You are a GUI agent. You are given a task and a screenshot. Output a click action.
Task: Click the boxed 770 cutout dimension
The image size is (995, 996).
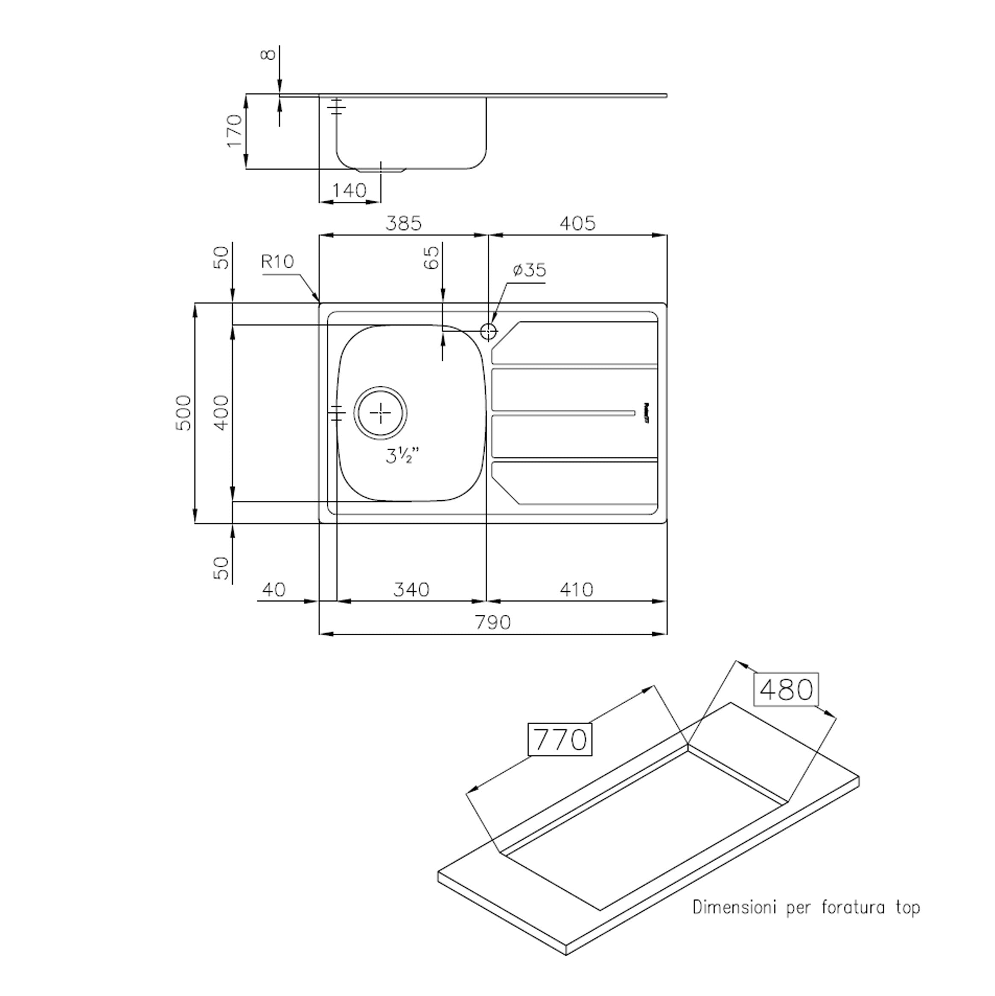coord(560,740)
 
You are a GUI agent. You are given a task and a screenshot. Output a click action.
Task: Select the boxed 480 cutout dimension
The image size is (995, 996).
coord(786,689)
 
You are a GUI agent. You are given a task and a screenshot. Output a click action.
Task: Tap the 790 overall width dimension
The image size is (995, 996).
coord(493,622)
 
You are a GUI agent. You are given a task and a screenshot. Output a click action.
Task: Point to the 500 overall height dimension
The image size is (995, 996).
coord(184,413)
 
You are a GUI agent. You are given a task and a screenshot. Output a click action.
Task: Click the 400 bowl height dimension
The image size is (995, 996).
coord(222,412)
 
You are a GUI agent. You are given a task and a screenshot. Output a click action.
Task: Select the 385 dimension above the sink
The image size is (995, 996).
coord(404,223)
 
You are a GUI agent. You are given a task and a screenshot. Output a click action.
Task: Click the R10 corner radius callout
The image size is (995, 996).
coord(277,262)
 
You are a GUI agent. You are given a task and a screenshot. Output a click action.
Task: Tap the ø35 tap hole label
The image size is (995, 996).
coord(529,270)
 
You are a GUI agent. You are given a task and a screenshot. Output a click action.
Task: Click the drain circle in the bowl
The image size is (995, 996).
coord(380,413)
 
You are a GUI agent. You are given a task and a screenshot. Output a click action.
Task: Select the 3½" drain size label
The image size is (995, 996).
coord(402,456)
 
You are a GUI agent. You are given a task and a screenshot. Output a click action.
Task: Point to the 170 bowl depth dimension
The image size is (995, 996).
coord(235,131)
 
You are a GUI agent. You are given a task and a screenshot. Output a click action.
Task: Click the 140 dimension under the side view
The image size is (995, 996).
coord(349,191)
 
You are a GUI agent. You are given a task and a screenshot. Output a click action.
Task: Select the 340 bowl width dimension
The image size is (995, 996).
coord(411,589)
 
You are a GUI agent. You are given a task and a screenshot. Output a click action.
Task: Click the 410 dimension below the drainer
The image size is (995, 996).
coord(576,589)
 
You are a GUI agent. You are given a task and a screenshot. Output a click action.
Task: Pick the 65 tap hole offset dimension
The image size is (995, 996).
coord(433,257)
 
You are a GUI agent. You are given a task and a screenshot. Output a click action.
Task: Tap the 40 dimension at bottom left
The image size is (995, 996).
coord(274,589)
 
